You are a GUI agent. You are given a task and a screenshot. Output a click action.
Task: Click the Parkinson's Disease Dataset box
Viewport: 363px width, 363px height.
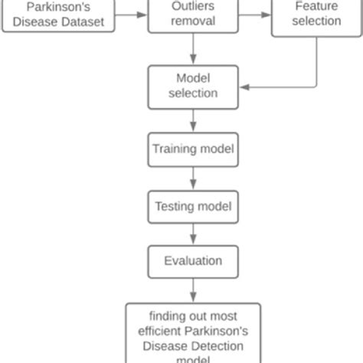(x=58, y=16)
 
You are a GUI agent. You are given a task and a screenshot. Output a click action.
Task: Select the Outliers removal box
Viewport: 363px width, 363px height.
(x=193, y=16)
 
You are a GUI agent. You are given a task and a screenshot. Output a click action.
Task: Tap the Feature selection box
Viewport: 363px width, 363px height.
(x=316, y=18)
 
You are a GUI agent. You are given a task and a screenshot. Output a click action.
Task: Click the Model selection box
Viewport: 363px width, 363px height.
(x=193, y=87)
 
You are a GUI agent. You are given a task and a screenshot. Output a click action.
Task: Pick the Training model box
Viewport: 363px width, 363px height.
(x=193, y=149)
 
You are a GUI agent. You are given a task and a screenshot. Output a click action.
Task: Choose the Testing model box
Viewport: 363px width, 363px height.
(x=193, y=207)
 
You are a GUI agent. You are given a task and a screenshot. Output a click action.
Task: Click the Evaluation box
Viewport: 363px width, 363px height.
(x=193, y=262)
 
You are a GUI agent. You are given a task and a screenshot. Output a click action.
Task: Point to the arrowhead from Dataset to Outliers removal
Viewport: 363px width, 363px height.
(x=142, y=15)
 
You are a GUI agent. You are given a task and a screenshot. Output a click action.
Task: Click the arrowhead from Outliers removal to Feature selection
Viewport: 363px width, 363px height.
(x=266, y=15)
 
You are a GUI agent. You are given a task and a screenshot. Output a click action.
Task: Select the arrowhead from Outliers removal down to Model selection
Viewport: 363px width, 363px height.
(x=193, y=59)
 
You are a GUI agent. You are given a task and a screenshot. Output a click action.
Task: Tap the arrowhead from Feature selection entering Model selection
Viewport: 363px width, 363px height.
(x=244, y=87)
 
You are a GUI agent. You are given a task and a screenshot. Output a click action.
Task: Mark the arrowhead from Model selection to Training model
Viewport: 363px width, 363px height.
(x=193, y=126)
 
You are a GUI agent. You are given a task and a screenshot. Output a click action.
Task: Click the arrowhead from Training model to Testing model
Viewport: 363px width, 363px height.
(x=193, y=185)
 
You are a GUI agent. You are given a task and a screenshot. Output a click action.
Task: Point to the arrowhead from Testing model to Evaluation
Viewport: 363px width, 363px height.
(x=193, y=240)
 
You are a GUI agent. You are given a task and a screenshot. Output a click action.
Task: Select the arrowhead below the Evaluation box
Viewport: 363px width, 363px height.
(x=193, y=297)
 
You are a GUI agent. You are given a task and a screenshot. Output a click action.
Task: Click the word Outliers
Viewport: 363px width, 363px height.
(x=193, y=6)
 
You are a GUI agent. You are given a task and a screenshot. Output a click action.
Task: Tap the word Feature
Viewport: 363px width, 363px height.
(x=316, y=6)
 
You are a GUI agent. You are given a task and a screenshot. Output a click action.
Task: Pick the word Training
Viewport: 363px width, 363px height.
(x=175, y=149)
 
